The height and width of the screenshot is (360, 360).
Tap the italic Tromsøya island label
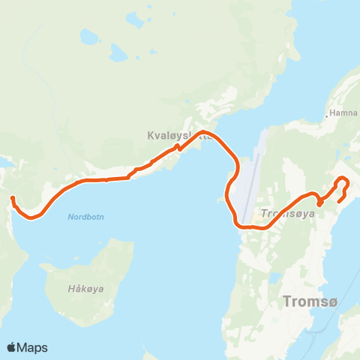[286, 214]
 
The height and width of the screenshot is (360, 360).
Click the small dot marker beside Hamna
[328, 115]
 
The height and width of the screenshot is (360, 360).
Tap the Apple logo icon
[12, 347]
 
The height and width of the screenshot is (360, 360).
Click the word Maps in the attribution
[32, 347]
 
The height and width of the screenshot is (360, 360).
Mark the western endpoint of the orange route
[12, 198]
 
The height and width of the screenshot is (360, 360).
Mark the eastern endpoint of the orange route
[339, 201]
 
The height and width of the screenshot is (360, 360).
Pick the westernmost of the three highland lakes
[88, 35]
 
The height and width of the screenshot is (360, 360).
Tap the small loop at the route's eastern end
[341, 182]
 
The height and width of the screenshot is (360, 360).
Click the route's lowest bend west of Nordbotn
[32, 217]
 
